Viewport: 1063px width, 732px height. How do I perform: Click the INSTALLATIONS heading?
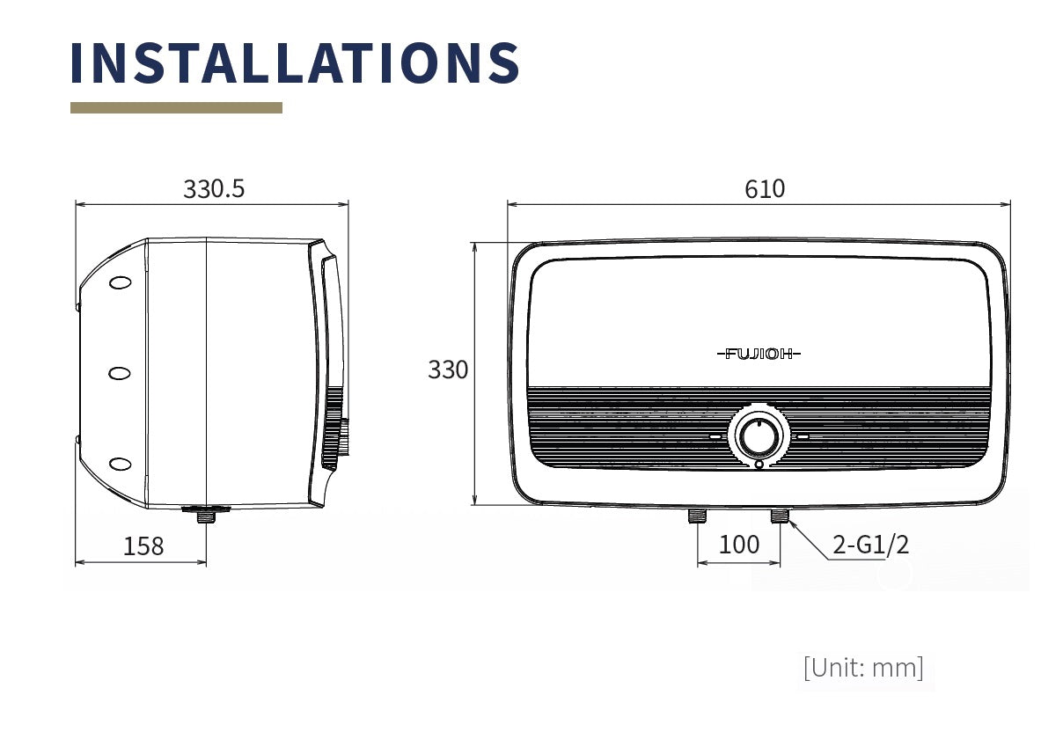(x=295, y=62)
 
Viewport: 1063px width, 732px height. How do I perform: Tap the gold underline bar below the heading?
(x=176, y=107)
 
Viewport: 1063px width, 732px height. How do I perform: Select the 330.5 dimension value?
(x=214, y=189)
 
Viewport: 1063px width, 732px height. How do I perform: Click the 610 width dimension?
(x=764, y=189)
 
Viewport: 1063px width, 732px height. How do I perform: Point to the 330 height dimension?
(x=448, y=370)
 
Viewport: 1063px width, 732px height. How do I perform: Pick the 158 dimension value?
(x=143, y=546)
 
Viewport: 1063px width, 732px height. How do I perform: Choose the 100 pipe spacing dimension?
(x=739, y=544)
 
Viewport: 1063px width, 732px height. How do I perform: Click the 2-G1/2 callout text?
(x=871, y=544)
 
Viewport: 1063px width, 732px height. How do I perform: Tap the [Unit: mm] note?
(x=863, y=668)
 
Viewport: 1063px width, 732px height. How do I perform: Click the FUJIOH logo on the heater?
(x=759, y=354)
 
